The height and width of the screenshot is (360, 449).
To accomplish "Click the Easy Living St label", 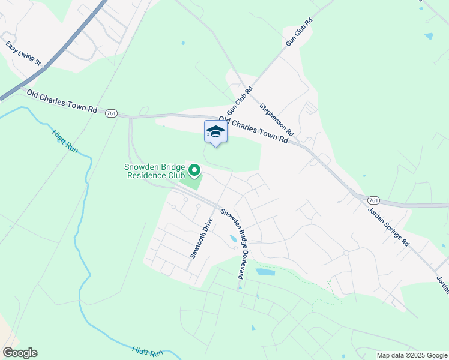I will [x=23, y=53].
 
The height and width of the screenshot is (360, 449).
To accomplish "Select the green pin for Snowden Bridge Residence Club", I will [x=194, y=172].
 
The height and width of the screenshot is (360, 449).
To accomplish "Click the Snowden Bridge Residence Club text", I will [x=155, y=171].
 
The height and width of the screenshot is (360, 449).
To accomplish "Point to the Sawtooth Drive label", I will [x=202, y=238].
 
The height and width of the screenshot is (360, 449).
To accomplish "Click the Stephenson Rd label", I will [x=277, y=119].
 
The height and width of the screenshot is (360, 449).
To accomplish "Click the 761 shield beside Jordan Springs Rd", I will [x=373, y=200].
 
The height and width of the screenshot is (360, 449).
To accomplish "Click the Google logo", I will [x=20, y=353].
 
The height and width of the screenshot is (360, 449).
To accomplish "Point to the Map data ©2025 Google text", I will [x=412, y=355].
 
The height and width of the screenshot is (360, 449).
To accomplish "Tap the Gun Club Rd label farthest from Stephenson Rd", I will [x=300, y=32].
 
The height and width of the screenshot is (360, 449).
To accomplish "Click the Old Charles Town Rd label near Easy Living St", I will [x=62, y=101].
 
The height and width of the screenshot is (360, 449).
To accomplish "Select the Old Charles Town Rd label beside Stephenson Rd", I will [x=254, y=130].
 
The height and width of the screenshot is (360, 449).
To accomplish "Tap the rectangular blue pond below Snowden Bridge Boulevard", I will [x=265, y=272].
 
